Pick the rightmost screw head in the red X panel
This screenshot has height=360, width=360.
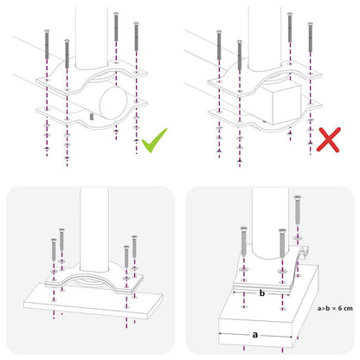click(x=312, y=26)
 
